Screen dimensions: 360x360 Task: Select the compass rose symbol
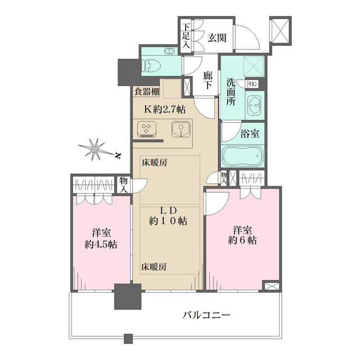click(96, 149)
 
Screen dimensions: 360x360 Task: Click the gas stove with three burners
click(148, 129)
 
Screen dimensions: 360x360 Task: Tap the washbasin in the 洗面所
click(255, 105)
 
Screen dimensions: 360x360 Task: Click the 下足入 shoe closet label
click(186, 35)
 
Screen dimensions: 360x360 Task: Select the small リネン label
click(253, 84)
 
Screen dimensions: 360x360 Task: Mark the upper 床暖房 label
click(154, 163)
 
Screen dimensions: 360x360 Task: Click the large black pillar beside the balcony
click(127, 298)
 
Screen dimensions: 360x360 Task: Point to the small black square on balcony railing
click(128, 339)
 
